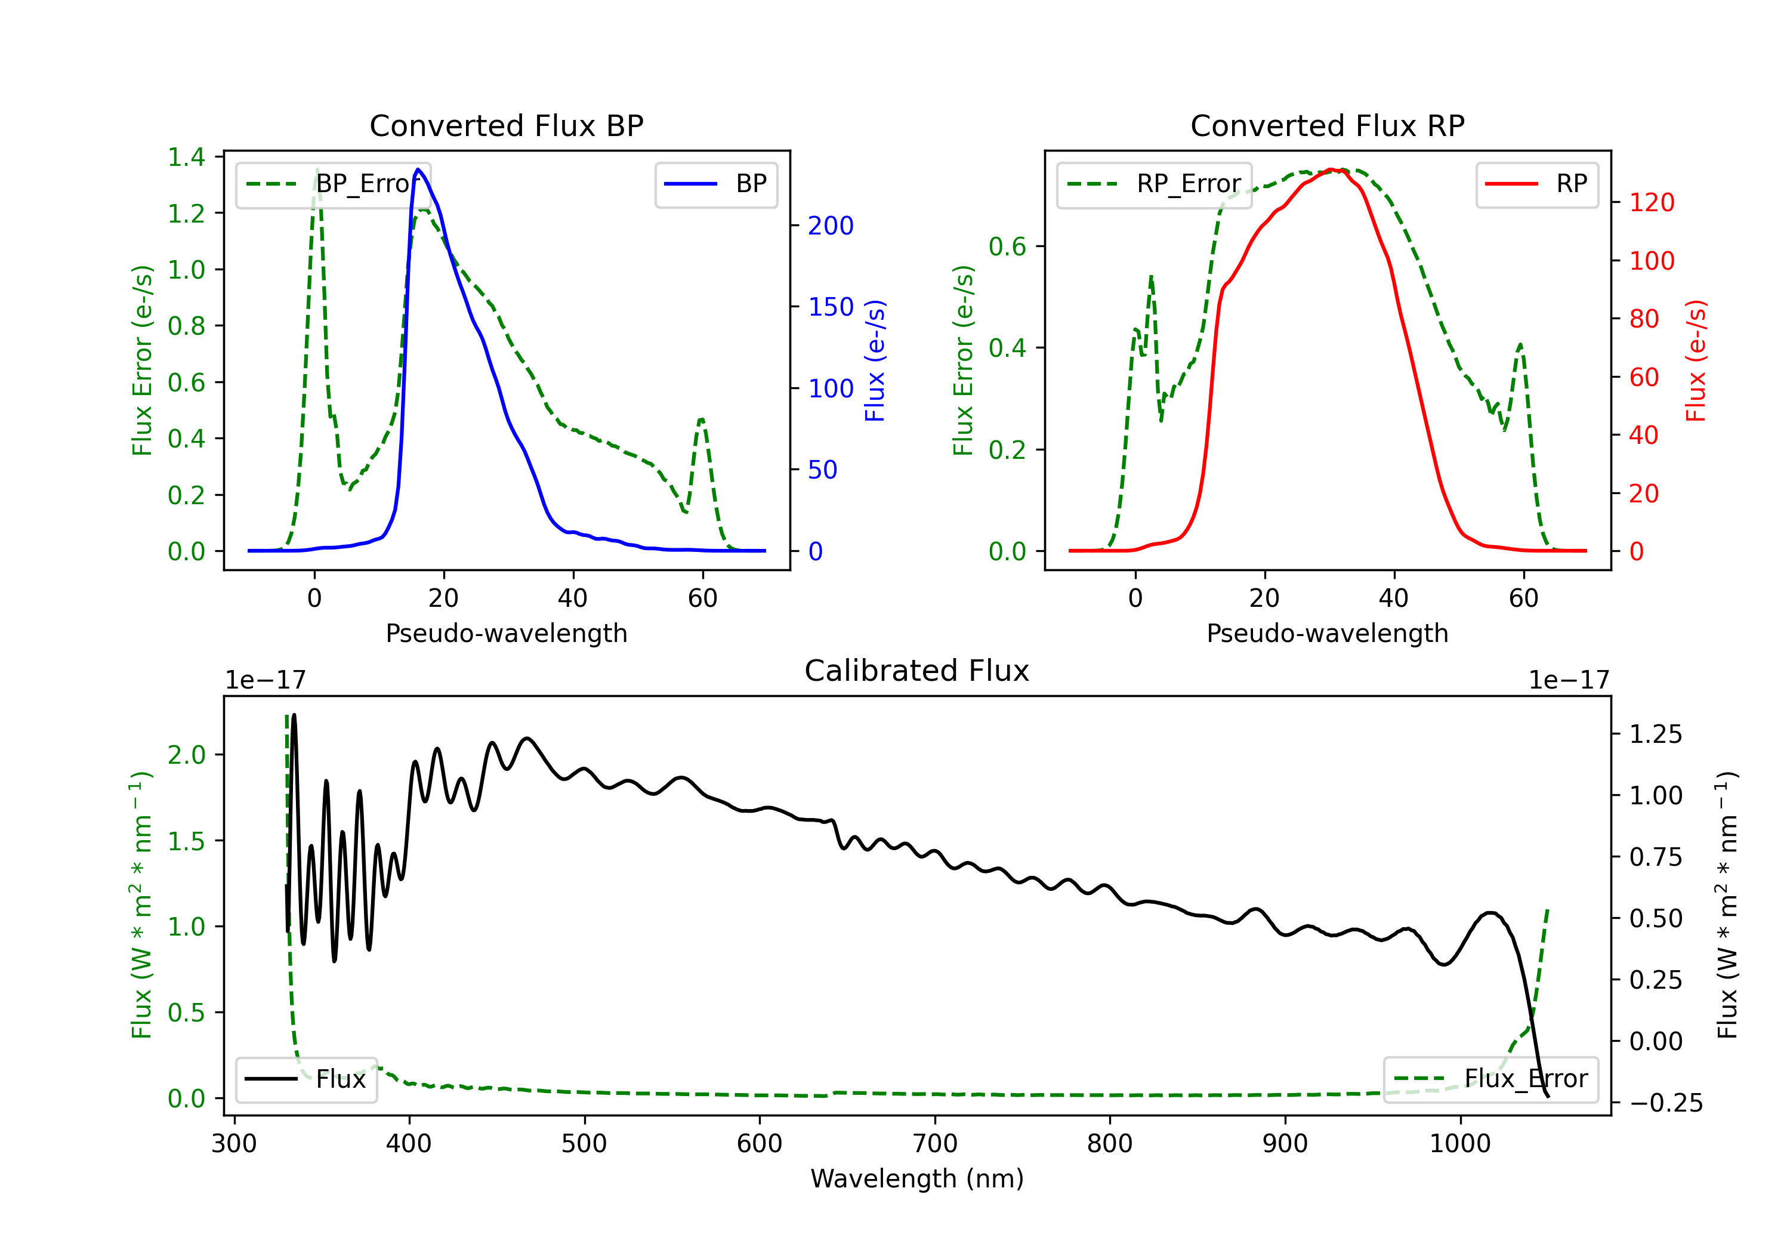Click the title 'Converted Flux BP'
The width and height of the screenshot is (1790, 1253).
point(506,125)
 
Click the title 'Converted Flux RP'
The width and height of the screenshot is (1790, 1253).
point(1327,125)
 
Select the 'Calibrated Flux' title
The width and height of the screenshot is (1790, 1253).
point(917,671)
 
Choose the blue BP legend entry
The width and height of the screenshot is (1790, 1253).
point(715,184)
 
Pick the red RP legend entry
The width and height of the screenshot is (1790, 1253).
point(1536,184)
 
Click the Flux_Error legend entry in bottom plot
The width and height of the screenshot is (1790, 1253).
point(1490,1079)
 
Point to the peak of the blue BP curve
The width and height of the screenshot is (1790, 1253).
point(419,169)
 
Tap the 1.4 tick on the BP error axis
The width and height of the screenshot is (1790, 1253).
point(186,157)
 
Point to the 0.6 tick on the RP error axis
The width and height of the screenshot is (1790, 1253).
point(1007,246)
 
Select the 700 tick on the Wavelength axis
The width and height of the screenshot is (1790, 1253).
point(935,1144)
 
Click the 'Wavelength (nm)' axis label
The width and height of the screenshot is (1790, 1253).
point(917,1178)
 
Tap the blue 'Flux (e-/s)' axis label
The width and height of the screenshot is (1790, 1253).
point(875,360)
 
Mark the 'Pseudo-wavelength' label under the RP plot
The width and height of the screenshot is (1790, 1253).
point(1327,633)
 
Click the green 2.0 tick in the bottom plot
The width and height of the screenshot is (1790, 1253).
point(186,755)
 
